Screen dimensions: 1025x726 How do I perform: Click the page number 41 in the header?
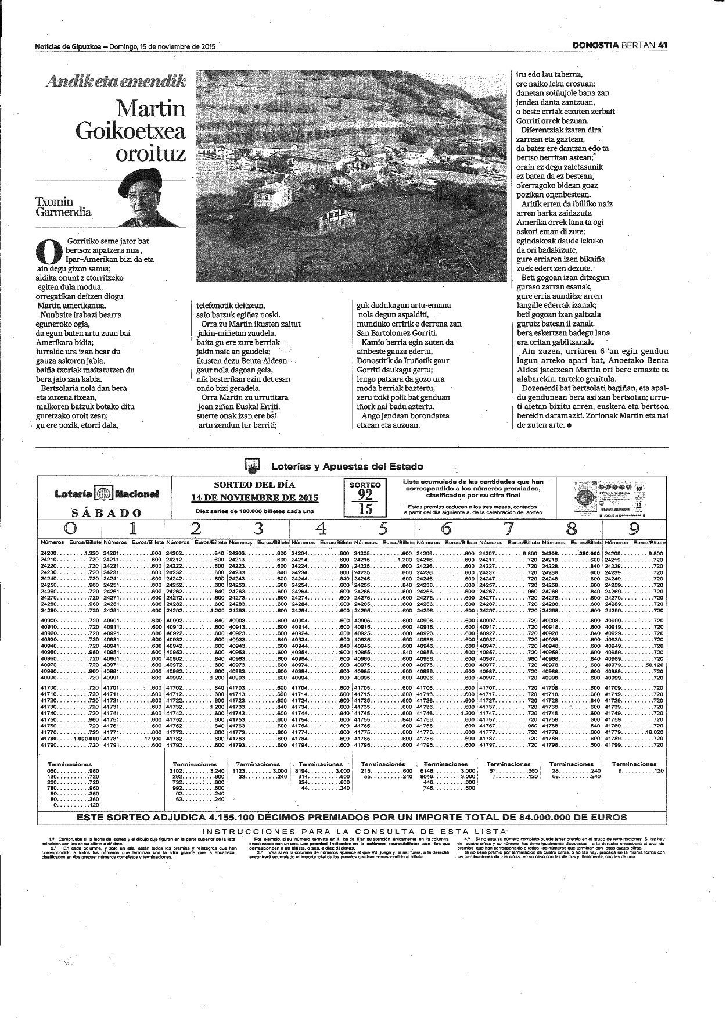coord(662,47)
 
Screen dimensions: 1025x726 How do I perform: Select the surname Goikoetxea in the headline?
coord(131,131)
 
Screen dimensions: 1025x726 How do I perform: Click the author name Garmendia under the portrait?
coord(64,212)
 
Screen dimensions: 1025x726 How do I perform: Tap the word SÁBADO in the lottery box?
coord(106,512)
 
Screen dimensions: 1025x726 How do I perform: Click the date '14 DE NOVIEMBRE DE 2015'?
coord(254,497)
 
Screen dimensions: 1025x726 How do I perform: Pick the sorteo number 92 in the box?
coord(365,495)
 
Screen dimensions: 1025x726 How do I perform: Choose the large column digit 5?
coord(383,528)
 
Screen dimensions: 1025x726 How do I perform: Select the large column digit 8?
coord(572,528)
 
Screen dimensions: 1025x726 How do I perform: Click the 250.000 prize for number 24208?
coord(587,553)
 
